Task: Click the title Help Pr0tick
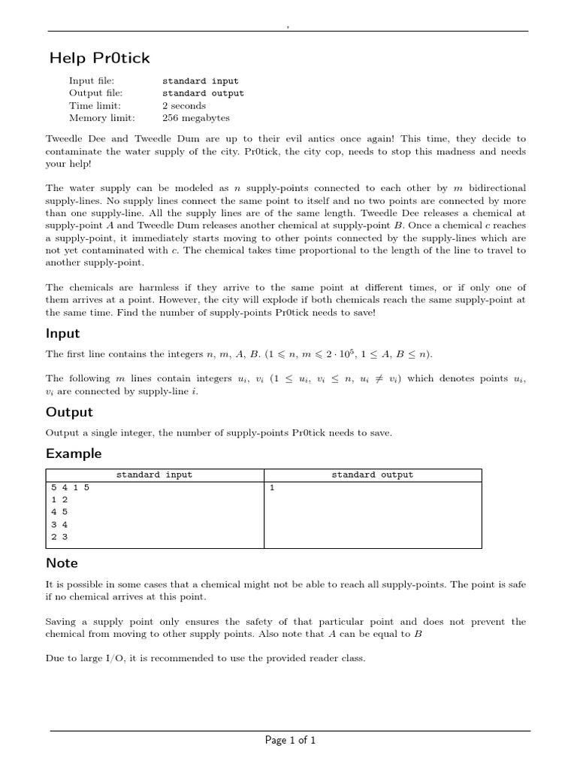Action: (x=99, y=58)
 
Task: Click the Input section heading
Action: (x=62, y=333)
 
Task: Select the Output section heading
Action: (x=69, y=412)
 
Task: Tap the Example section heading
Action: (x=74, y=453)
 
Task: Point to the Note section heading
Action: (x=62, y=562)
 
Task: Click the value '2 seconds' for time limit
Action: (x=183, y=106)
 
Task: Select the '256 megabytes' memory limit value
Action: (x=195, y=118)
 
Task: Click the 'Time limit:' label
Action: (x=95, y=106)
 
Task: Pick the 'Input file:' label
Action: (x=91, y=81)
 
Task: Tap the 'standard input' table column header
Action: (x=154, y=474)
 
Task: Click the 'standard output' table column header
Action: (x=372, y=474)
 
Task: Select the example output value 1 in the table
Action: (x=272, y=487)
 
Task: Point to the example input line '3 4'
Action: (x=59, y=524)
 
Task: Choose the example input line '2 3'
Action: (x=59, y=537)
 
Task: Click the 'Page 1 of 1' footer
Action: (x=290, y=740)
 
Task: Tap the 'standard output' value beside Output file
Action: (x=203, y=93)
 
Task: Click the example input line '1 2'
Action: (x=59, y=499)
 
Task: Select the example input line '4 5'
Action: (x=59, y=512)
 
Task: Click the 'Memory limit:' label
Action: (x=101, y=118)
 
